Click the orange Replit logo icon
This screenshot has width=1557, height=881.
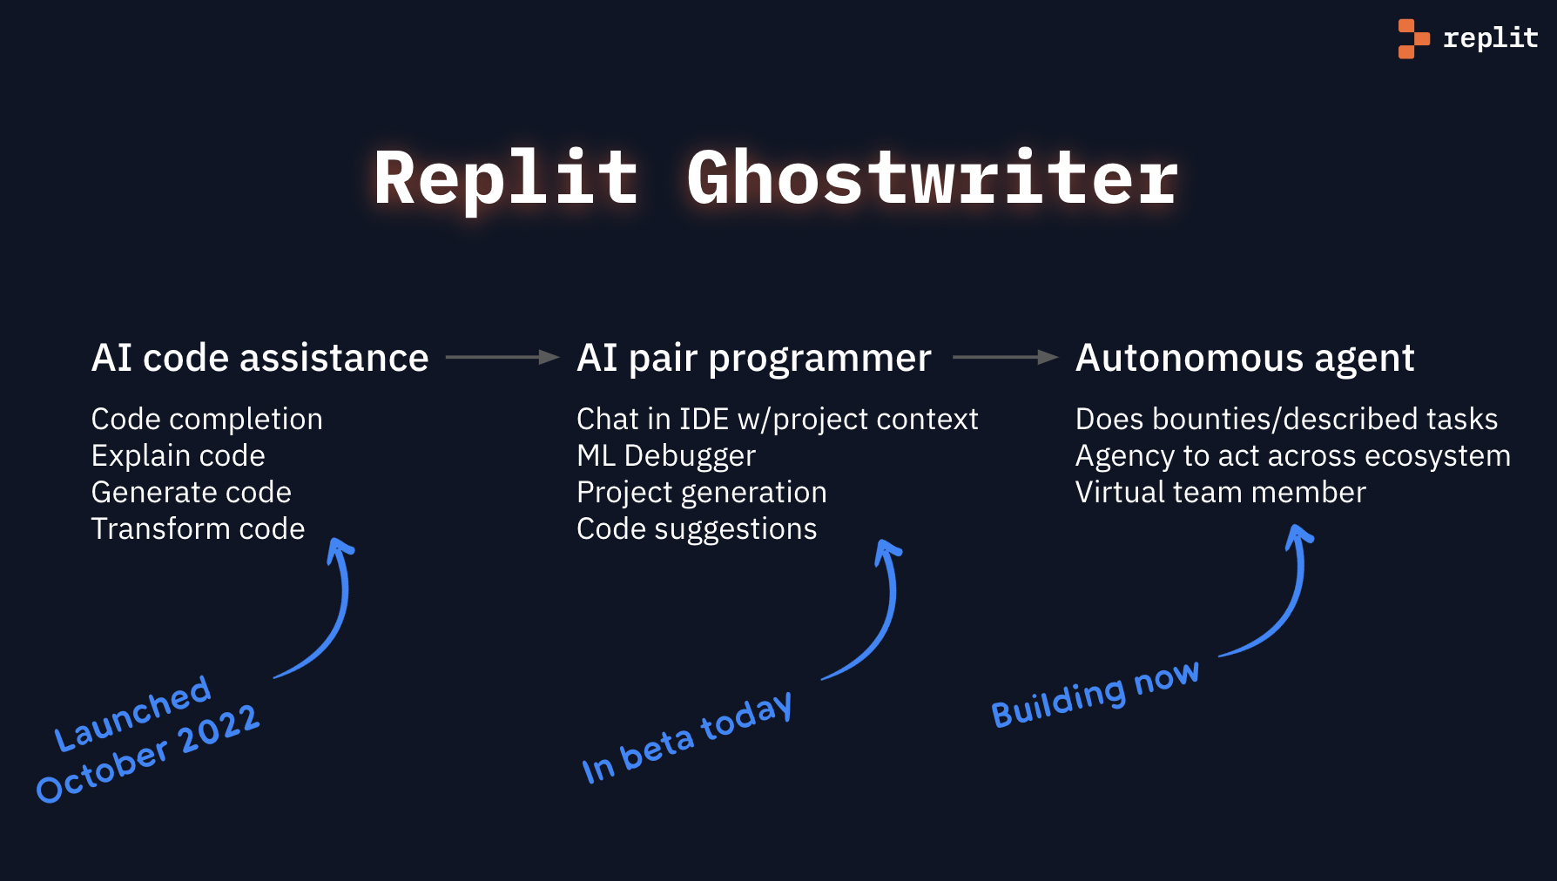(x=1412, y=38)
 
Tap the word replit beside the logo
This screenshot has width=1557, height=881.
(x=1490, y=38)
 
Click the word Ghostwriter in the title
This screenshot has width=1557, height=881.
(x=932, y=178)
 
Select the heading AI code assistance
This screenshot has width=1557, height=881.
(x=259, y=358)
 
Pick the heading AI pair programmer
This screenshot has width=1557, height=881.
(x=754, y=358)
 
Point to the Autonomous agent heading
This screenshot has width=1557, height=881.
(x=1244, y=358)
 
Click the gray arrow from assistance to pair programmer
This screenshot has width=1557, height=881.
(x=502, y=357)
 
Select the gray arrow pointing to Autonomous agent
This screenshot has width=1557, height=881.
(x=1004, y=357)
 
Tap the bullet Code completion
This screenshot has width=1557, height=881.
(x=206, y=419)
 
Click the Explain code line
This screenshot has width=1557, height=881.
(x=178, y=455)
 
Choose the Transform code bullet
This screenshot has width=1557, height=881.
(x=198, y=528)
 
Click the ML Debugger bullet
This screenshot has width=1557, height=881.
(x=665, y=455)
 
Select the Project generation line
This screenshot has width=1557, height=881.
(x=701, y=492)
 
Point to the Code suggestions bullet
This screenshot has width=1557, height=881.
(x=697, y=528)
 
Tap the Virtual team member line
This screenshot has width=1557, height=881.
(x=1220, y=492)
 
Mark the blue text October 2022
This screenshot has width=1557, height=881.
(x=148, y=754)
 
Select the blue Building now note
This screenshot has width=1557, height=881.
(x=1095, y=694)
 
